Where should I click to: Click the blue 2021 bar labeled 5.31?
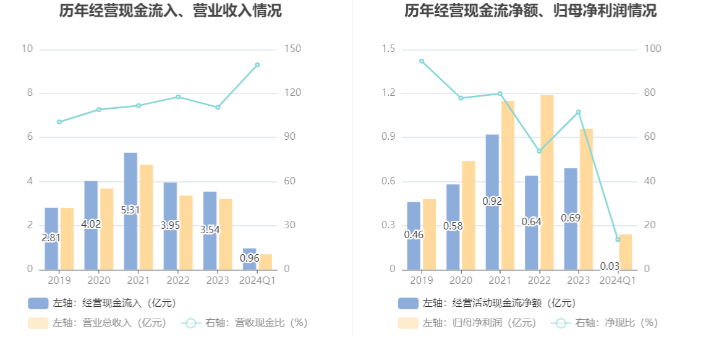[130, 211]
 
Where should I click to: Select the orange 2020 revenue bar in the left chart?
[107, 229]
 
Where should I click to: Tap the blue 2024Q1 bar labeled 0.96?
[249, 259]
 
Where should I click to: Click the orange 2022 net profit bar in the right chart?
[546, 182]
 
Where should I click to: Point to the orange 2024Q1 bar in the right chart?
[626, 252]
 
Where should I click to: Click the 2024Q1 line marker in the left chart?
[257, 65]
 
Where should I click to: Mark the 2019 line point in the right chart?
[422, 61]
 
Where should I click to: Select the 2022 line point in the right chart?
[539, 151]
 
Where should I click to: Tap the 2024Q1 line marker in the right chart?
[618, 239]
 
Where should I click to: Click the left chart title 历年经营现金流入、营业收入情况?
[171, 11]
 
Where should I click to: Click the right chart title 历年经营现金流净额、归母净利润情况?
[530, 11]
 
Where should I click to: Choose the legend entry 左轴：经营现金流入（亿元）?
[102, 303]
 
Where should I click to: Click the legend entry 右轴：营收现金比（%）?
[244, 323]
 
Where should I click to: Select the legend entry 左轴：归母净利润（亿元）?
[467, 323]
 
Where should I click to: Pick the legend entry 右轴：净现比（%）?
[606, 323]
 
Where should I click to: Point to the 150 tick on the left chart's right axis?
[292, 49]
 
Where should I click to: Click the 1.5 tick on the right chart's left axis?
[388, 49]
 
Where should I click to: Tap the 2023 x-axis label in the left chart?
[217, 281]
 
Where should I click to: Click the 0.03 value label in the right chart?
[610, 267]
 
